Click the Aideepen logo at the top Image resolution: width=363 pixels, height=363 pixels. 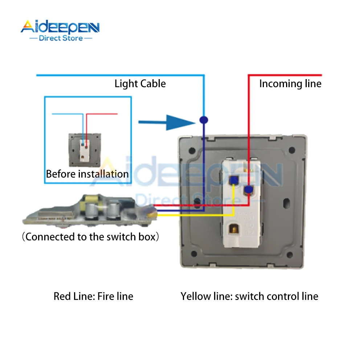[x=60, y=27]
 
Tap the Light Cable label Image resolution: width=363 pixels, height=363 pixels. [x=140, y=84]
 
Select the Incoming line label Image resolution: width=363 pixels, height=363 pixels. [x=290, y=84]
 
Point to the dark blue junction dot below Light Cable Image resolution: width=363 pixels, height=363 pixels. [x=204, y=119]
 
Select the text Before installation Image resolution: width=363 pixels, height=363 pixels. [x=87, y=174]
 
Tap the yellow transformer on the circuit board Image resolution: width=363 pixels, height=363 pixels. [x=90, y=199]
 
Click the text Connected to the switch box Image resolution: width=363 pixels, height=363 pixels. [x=91, y=237]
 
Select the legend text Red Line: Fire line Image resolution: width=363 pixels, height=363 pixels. [x=93, y=296]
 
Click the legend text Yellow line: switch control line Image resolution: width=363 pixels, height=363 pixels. [x=249, y=296]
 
